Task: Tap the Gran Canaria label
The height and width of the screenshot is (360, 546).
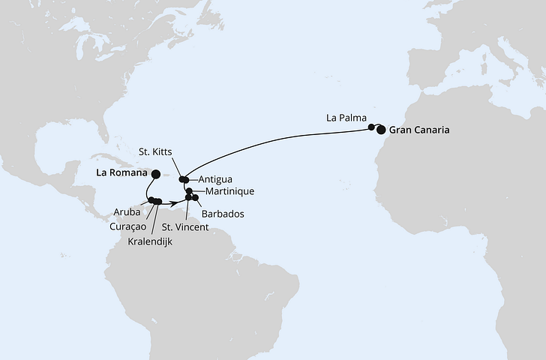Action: pyautogui.click(x=420, y=130)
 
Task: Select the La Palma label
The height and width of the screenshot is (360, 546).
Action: pyautogui.click(x=346, y=118)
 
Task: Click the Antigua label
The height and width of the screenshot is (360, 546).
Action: pyautogui.click(x=217, y=179)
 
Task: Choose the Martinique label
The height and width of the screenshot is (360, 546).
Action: pyautogui.click(x=225, y=191)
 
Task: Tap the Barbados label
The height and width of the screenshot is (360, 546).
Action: pyautogui.click(x=221, y=214)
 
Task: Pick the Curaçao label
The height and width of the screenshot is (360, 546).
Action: pyautogui.click(x=123, y=226)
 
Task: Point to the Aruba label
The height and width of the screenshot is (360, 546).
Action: pyautogui.click(x=127, y=212)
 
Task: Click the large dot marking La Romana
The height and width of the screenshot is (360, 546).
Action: pyautogui.click(x=155, y=174)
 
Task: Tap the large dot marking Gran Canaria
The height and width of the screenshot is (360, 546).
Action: pyautogui.click(x=381, y=130)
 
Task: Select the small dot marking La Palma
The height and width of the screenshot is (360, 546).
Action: pyautogui.click(x=371, y=127)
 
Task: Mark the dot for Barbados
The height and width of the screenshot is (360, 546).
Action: pyautogui.click(x=196, y=197)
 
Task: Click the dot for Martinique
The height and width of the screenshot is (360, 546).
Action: pyautogui.click(x=189, y=190)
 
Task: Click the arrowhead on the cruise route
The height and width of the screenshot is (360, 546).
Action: pyautogui.click(x=173, y=201)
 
